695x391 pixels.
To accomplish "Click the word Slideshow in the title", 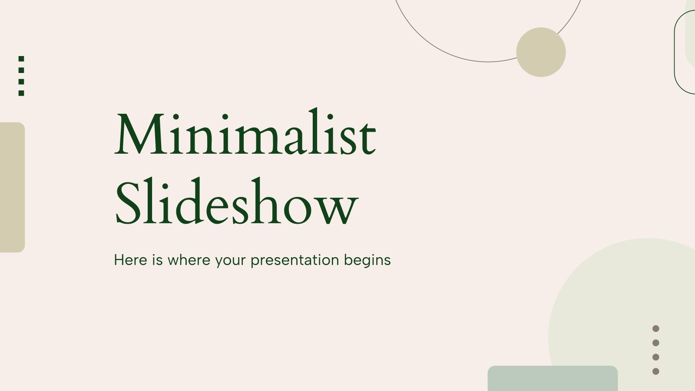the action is [237, 201].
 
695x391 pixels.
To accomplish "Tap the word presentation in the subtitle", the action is [295, 261].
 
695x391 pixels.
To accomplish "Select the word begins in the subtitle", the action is [367, 261].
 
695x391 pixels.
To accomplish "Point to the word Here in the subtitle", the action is [131, 260].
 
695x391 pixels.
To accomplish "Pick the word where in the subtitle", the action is [189, 260].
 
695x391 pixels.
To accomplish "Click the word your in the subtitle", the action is [231, 261].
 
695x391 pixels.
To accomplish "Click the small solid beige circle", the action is [541, 52].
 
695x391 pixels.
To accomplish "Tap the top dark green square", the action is [21, 59].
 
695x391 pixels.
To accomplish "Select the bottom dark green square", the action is [21, 93].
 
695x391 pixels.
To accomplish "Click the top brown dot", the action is [655, 328].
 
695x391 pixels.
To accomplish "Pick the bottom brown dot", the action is [655, 371].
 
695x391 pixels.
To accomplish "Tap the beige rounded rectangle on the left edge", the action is [13, 187].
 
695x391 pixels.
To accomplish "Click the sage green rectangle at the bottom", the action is [553, 378].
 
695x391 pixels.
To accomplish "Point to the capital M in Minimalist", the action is [139, 134].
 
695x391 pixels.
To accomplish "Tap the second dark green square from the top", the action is [21, 70].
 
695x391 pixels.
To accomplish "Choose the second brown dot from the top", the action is [655, 343].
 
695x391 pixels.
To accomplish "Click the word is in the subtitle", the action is [157, 260].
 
